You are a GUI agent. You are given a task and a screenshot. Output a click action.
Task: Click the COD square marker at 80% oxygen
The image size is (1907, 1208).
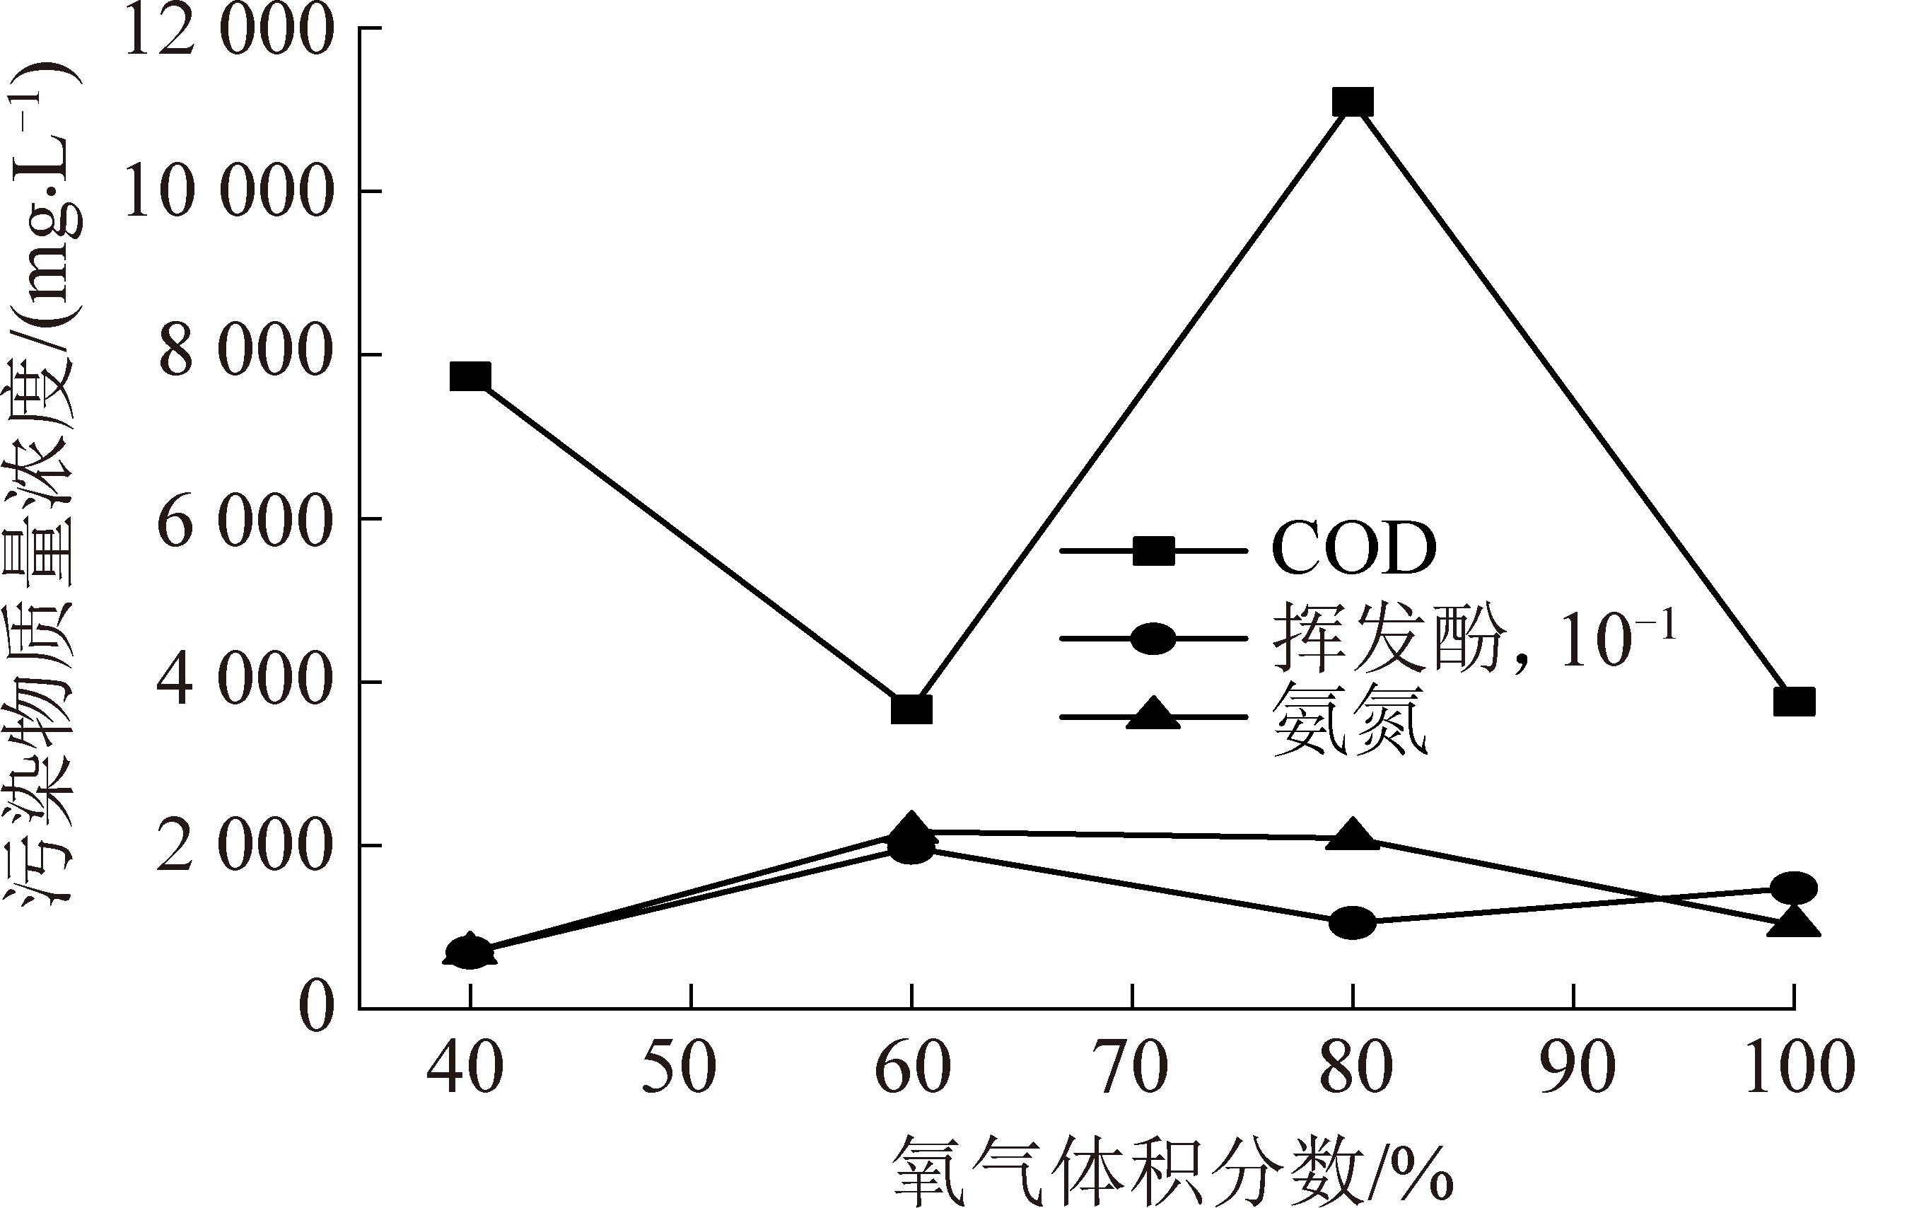[x=1353, y=102]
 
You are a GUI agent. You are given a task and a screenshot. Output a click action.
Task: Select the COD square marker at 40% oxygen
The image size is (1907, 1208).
[x=470, y=376]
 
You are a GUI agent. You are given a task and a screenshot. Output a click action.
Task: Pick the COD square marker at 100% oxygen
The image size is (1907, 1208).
[x=1794, y=702]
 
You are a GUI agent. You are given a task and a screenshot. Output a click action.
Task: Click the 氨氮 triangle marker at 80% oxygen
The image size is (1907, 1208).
[x=1353, y=837]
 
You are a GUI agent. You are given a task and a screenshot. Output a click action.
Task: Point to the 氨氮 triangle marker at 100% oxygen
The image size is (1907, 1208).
[x=1794, y=922]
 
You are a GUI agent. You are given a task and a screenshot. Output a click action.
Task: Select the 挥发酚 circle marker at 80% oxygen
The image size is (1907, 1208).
[x=1353, y=922]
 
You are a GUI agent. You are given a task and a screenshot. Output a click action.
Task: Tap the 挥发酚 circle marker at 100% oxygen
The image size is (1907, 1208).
[x=1794, y=888]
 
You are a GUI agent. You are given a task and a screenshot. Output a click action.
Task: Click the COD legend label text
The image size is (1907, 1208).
[x=1353, y=549]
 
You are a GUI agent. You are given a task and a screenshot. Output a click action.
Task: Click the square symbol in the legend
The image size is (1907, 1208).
[x=1153, y=550]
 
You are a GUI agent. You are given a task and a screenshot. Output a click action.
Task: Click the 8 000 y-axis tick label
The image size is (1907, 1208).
[x=244, y=354]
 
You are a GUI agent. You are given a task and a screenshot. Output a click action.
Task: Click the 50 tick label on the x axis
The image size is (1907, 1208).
[x=680, y=1068]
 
